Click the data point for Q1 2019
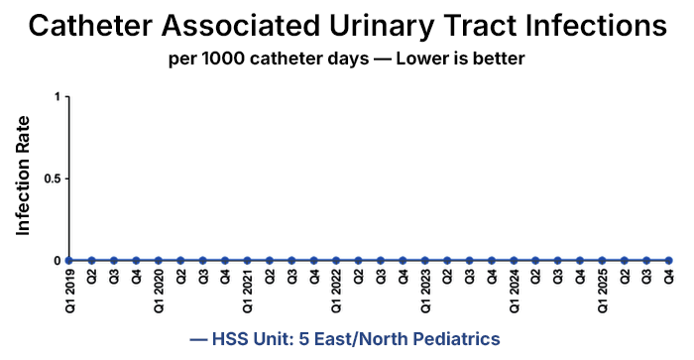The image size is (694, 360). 69,261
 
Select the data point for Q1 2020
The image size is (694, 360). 159,261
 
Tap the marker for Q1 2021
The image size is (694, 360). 247,261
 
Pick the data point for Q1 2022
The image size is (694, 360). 336,261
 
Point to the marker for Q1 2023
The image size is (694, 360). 424,261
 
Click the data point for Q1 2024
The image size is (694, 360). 514,261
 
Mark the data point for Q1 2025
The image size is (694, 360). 602,261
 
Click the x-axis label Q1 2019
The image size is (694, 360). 69,291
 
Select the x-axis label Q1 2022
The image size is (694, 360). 336,291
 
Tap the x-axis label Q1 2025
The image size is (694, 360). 602,291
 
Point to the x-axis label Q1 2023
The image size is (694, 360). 424,291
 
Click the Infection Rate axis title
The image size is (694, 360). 23,176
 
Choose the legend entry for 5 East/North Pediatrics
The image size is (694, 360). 346,339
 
